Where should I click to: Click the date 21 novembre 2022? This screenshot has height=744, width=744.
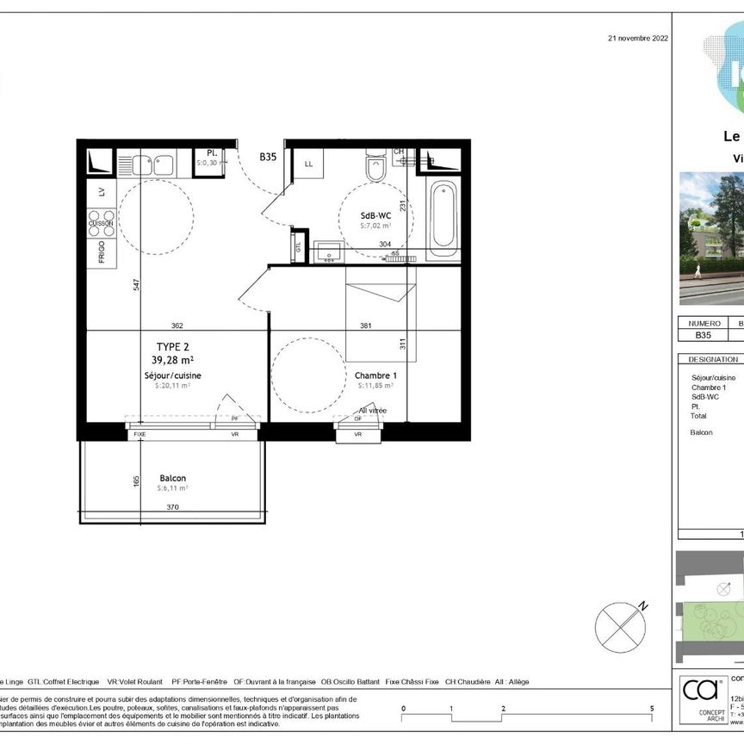(637, 38)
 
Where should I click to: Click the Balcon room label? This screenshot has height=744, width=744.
(172, 479)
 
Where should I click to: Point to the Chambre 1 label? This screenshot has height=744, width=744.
(375, 375)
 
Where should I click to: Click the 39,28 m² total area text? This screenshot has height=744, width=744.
(172, 360)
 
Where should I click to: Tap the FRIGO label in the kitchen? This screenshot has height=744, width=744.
(102, 251)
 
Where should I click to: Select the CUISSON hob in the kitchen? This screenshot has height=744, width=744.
(101, 223)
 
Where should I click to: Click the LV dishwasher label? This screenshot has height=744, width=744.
(102, 192)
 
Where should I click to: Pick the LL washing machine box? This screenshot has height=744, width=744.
(307, 163)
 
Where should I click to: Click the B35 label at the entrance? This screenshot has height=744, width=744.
(268, 158)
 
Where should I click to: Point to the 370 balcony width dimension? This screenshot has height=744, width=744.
(172, 508)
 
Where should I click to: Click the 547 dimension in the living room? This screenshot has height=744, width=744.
(136, 286)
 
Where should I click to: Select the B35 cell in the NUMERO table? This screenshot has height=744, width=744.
(704, 337)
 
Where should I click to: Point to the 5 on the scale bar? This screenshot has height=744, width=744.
(652, 708)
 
